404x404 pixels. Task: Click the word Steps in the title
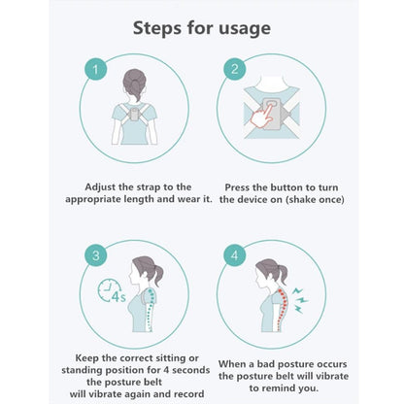tap(157, 28)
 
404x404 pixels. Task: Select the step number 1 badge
tap(95, 70)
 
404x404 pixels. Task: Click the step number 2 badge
tap(235, 69)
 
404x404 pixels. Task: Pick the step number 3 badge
tap(96, 255)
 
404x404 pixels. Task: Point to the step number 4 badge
tap(235, 255)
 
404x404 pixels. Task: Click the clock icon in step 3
tap(109, 290)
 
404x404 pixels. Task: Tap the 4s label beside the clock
tap(118, 297)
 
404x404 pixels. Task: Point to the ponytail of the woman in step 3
tap(157, 274)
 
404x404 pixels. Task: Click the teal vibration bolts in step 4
tap(299, 300)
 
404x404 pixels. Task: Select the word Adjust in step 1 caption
tap(101, 187)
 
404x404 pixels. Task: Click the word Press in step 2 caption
tap(237, 187)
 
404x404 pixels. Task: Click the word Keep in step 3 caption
tap(87, 358)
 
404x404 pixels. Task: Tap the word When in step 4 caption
tap(231, 364)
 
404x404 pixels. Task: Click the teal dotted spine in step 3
tap(150, 309)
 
